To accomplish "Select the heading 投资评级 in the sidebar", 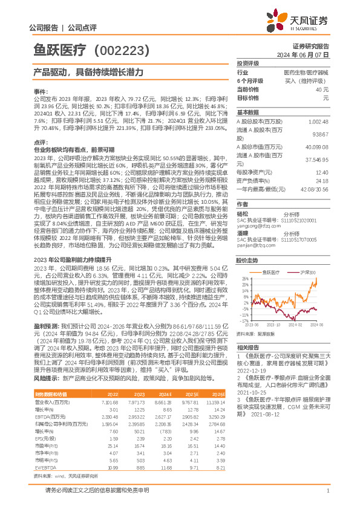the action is pyautogui.click(x=248, y=63).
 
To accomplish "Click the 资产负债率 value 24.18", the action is pyautogui.click(x=322, y=180).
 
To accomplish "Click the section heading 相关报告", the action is pyautogui.click(x=248, y=348).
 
